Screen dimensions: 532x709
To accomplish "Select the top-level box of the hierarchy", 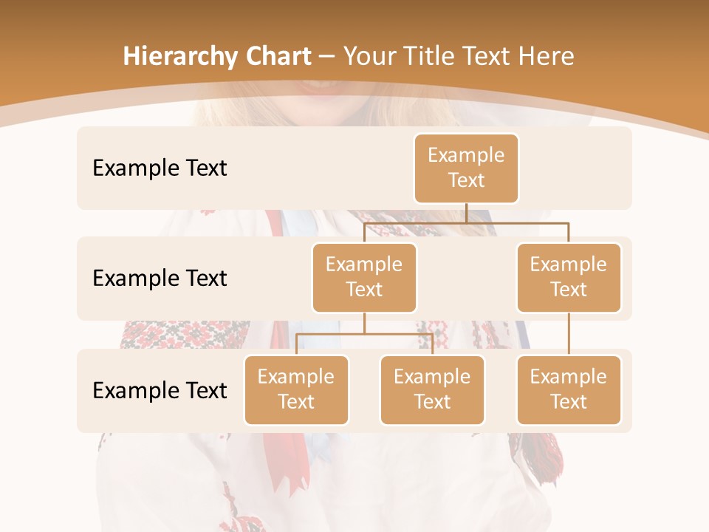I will [466, 168].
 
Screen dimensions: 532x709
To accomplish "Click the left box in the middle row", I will [364, 277].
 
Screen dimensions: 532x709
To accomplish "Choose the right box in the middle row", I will [569, 277].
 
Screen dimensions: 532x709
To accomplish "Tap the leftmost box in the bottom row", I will [296, 389].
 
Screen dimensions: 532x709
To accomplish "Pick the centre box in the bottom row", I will [432, 389].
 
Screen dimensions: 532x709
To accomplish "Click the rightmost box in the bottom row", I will [569, 389].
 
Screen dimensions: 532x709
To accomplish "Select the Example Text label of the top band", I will [160, 168].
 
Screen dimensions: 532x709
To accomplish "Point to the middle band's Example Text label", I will [160, 278].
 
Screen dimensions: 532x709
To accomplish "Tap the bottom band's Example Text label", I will [160, 390].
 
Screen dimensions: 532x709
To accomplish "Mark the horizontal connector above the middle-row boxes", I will [466, 222].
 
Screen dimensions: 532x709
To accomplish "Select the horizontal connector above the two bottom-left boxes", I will [364, 334].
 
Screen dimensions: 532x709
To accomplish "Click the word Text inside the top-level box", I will [466, 180].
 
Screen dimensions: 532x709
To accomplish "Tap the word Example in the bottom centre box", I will [432, 377].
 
